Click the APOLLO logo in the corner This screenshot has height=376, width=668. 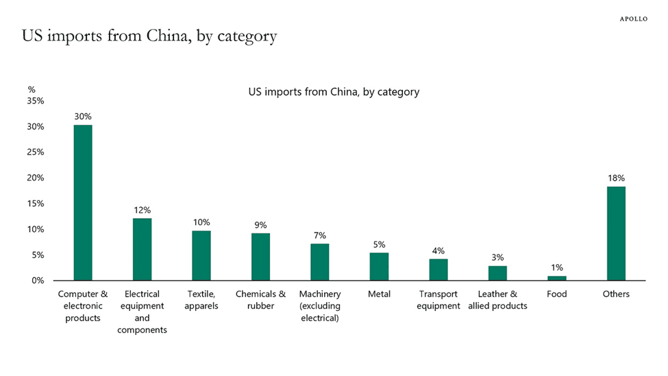tap(633, 19)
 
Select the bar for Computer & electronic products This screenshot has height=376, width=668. tap(83, 202)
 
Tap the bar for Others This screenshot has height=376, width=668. tap(616, 233)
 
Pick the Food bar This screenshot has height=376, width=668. tap(557, 278)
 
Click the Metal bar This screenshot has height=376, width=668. tap(379, 266)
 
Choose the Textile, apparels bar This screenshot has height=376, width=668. tap(201, 255)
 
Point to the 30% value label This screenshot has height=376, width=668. tap(83, 117)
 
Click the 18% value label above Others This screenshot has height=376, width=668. tap(616, 178)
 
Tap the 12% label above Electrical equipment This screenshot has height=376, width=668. tap(142, 210)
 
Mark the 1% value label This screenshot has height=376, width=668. tap(557, 268)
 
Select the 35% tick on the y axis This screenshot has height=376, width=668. tap(36, 101)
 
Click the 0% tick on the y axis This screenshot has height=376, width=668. tap(38, 281)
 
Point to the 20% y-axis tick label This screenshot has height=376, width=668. tap(36, 178)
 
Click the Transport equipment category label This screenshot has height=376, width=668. tap(438, 300)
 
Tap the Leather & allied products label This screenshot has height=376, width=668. tap(497, 300)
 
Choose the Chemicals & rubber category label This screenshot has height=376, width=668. tap(260, 300)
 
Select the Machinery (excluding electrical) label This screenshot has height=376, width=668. tap(320, 306)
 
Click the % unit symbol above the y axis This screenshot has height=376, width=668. tap(32, 89)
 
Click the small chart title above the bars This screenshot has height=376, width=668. tap(334, 91)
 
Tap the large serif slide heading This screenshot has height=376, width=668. tap(149, 36)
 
